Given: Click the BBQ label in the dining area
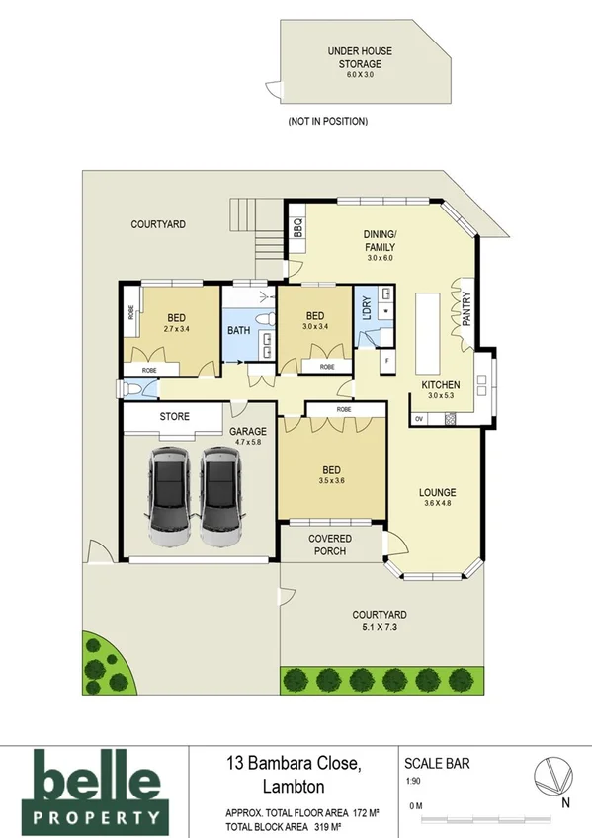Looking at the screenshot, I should (296, 229).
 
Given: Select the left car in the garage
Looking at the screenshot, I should (167, 496).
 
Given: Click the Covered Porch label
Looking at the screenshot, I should (330, 545).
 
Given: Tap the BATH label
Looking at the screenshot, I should (238, 330).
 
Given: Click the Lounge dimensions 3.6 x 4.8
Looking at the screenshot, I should (437, 503).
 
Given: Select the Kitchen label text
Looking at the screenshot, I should (441, 384).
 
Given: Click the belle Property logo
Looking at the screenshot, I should (96, 788).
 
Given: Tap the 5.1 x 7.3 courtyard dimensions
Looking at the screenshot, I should (380, 627).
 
